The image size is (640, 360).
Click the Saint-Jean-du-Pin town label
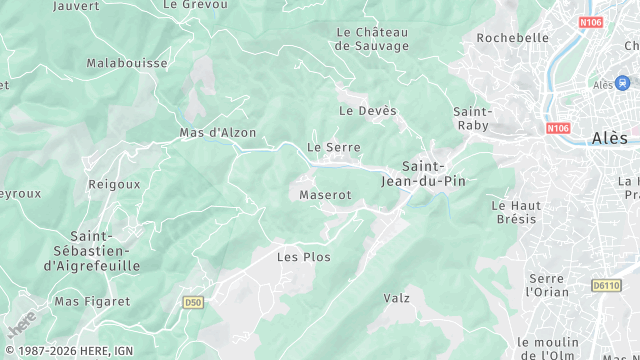[x=423, y=173]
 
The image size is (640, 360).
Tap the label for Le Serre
[x=333, y=146]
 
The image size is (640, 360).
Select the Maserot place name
[x=325, y=195]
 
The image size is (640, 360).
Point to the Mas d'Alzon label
[x=217, y=132]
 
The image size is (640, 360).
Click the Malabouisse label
[x=126, y=62]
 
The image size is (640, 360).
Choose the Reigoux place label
[x=114, y=184]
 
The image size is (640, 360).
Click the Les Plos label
[x=303, y=257]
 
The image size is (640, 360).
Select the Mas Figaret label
[x=92, y=301]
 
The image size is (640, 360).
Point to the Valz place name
[x=397, y=298]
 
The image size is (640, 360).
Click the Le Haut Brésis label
[x=516, y=212]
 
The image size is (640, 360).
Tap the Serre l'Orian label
[x=547, y=285]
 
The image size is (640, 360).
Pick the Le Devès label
[x=368, y=110]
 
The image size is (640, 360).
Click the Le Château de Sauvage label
[x=372, y=39]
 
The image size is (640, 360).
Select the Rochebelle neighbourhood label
[x=513, y=38]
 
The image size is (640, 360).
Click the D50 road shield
[x=193, y=301]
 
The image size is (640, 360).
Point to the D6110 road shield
[x=606, y=285]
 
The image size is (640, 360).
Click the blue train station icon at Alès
[x=623, y=83]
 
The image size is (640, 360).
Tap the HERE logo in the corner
[x=20, y=325]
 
